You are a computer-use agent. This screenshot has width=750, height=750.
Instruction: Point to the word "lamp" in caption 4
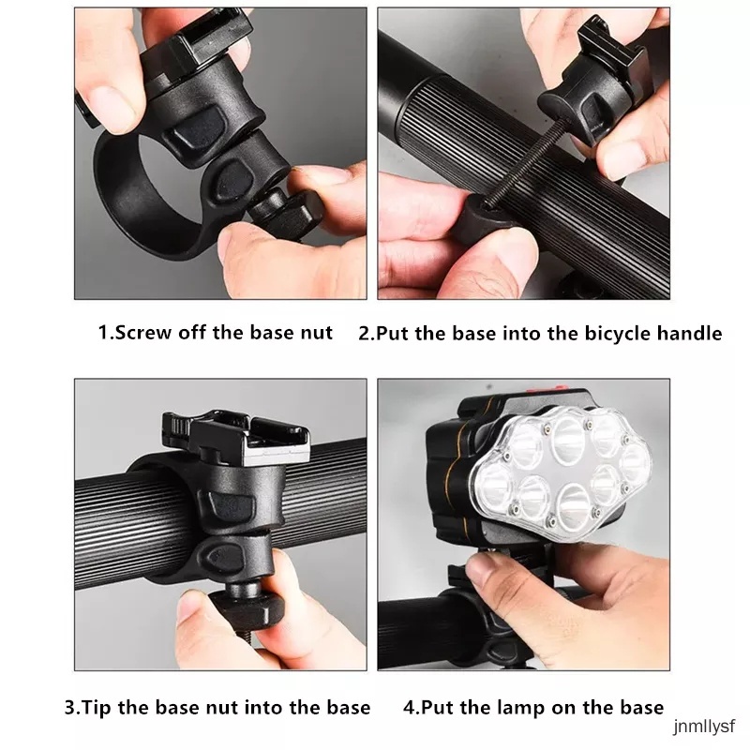pyautogui.click(x=537, y=707)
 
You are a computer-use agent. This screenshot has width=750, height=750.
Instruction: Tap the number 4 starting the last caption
pyautogui.click(x=409, y=707)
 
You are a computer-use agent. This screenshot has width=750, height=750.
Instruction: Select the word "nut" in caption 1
pyautogui.click(x=316, y=333)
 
